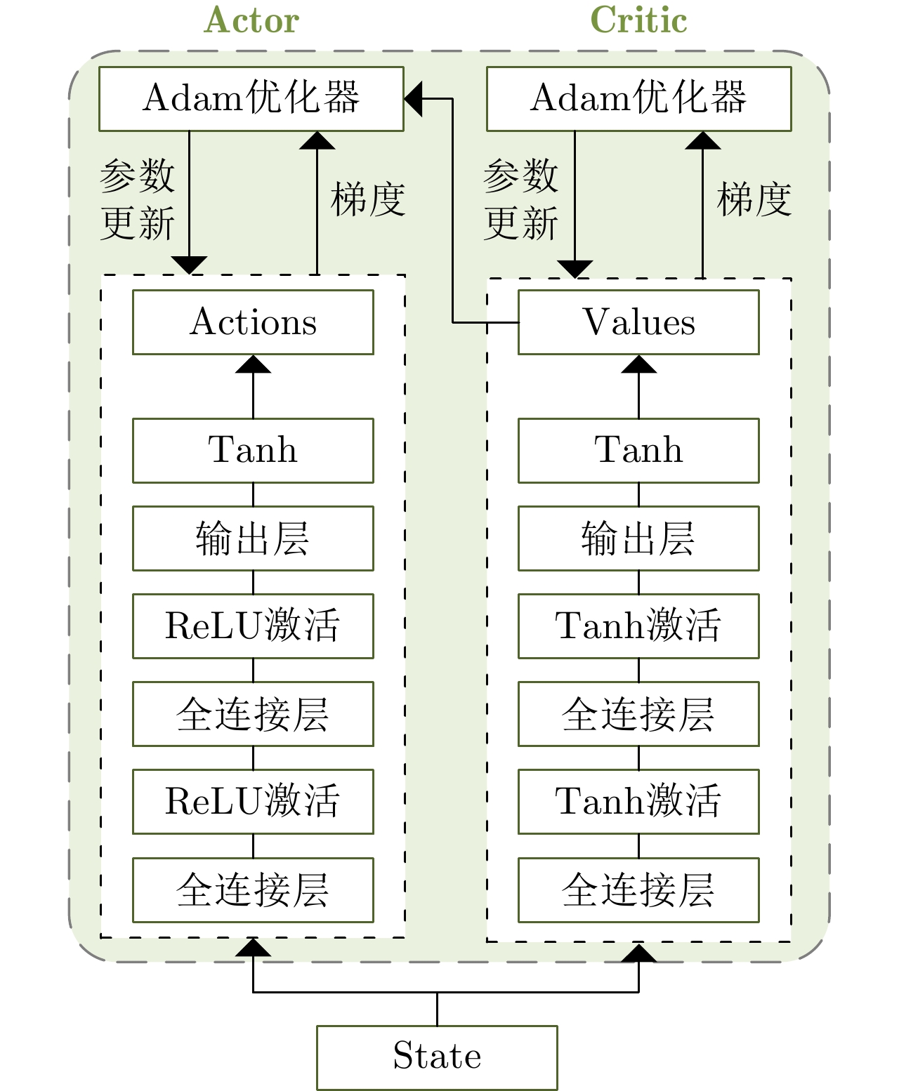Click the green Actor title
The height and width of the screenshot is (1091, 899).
coord(251,20)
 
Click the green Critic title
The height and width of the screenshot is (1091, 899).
coord(638,20)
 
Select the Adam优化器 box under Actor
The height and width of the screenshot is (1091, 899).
coord(251,99)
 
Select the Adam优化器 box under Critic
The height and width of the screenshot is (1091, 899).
coord(638,99)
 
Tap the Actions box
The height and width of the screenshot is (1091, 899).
coord(253,322)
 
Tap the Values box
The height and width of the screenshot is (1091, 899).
coord(638,322)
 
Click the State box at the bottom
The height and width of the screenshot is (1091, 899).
coord(437,1057)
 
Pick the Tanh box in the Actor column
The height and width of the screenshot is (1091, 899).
coord(253,451)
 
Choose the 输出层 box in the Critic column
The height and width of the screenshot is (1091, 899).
coord(638,538)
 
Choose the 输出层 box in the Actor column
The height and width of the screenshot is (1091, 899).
coord(253,538)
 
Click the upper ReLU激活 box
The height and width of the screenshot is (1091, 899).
coord(253,626)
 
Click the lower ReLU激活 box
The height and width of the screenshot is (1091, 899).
coord(253,802)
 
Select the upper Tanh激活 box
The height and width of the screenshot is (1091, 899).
coord(638,626)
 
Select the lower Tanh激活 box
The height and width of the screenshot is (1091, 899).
coord(638,802)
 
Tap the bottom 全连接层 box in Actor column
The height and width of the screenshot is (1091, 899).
coord(253,890)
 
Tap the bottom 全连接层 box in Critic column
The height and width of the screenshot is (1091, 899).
coord(638,890)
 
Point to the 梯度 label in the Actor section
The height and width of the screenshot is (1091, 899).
coord(367,199)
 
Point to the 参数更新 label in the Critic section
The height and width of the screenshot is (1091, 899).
coord(520,199)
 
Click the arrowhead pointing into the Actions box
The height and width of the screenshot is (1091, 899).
coord(253,364)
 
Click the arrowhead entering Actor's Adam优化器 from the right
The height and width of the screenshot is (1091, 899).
coord(413,99)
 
